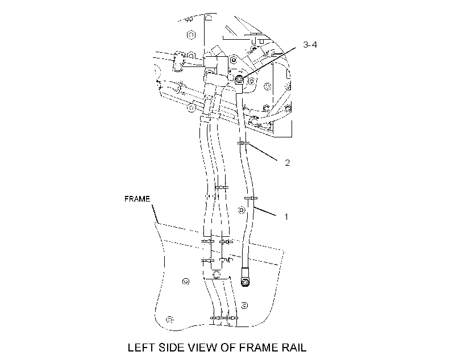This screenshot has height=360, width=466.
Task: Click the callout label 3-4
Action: point(310,44)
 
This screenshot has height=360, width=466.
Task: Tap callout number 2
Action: point(287,163)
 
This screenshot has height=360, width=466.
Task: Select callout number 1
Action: point(286,217)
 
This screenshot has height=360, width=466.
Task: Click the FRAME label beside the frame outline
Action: point(137,199)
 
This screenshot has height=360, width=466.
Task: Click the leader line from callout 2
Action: point(264,152)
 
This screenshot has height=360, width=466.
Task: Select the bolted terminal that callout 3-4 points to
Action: point(239,80)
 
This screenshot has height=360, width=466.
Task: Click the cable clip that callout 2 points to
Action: point(243,144)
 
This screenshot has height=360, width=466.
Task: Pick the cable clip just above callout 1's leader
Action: point(251,198)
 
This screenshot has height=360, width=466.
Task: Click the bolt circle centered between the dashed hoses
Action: point(217,274)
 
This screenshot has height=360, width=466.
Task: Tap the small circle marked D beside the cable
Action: point(242,210)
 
